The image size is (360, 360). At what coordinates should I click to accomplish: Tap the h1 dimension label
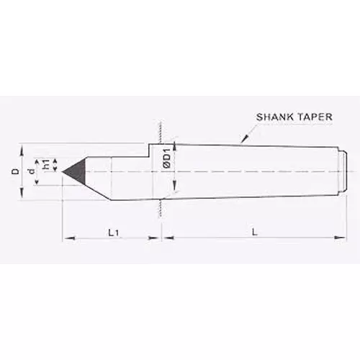[x=47, y=166]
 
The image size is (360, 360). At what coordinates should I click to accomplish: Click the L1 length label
[x=112, y=232]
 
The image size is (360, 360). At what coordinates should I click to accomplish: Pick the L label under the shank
[x=256, y=232]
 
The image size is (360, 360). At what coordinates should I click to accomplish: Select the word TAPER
[x=311, y=117]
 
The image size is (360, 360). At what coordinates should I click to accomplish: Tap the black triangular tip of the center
[x=74, y=171]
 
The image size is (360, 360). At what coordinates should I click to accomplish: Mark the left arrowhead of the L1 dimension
[x=67, y=235]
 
